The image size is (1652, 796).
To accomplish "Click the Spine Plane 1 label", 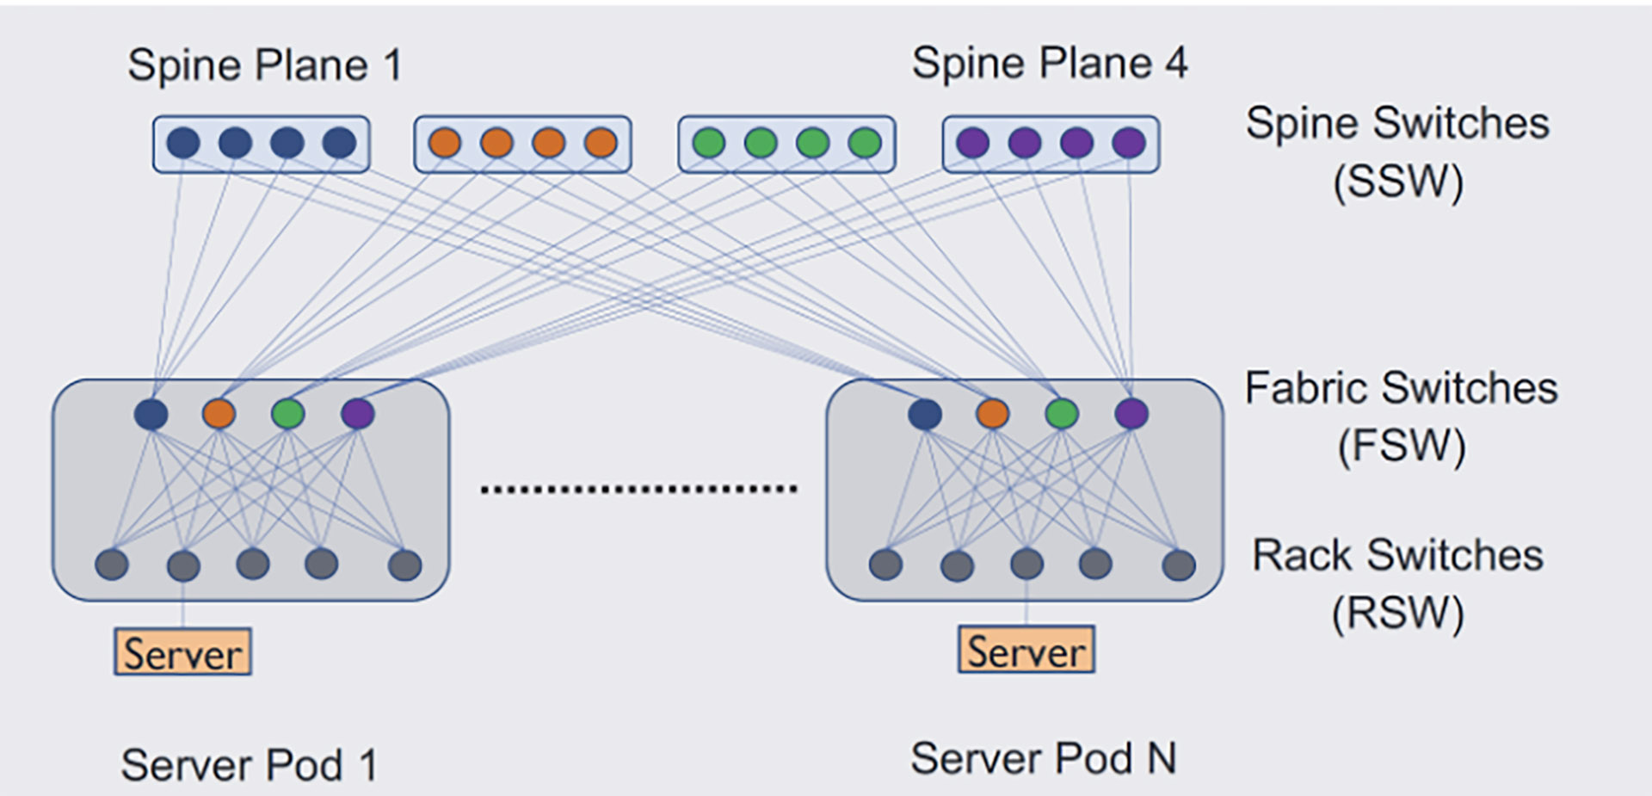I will (265, 65).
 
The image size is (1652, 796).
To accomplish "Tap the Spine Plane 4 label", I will (1049, 63).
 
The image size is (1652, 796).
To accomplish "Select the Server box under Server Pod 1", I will (182, 652).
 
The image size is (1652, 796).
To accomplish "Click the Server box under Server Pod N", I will (1026, 650).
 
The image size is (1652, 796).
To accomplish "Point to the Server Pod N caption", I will (1043, 758).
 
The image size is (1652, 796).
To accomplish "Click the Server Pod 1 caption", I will (249, 764).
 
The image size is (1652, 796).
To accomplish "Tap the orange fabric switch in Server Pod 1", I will (219, 414).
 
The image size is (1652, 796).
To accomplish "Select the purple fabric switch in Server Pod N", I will (1131, 414).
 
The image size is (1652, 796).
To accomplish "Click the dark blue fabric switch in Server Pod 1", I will (151, 414).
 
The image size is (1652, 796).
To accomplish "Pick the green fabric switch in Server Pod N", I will (1062, 414).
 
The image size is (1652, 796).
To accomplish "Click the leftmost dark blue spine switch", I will (183, 143).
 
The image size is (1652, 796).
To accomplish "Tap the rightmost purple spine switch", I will (1129, 143).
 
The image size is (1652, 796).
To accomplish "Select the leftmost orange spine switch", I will (445, 143).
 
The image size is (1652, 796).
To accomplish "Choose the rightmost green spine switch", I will (865, 143).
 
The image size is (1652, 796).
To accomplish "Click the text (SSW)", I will (1397, 182).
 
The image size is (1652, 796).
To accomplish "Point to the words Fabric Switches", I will (1401, 388).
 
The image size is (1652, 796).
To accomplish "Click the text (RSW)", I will (1397, 614).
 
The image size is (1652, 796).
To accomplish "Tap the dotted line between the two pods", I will (638, 490).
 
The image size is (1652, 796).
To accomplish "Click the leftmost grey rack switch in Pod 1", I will (112, 565).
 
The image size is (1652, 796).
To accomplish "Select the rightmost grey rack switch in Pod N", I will (1179, 565).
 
